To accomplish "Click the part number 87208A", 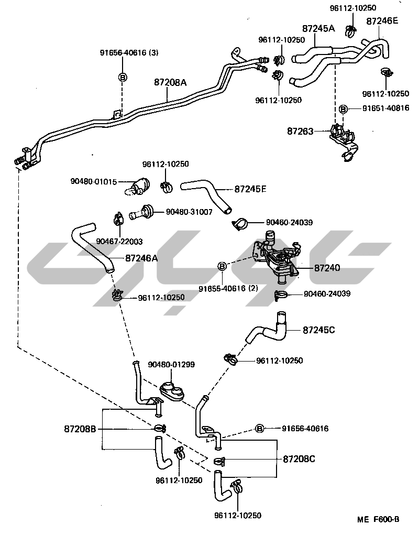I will [170, 82].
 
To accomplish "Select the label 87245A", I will [318, 28].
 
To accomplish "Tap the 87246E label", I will [382, 21].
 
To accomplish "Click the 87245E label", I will [250, 189].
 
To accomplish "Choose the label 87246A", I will [141, 258].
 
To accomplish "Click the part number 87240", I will [327, 268].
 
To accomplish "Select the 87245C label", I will [318, 330].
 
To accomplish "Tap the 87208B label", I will [80, 429].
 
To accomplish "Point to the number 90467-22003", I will [120, 242].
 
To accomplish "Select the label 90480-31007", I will [189, 212].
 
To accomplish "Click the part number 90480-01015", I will [94, 181].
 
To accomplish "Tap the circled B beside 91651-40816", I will [344, 108].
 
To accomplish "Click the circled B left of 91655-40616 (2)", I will [222, 267].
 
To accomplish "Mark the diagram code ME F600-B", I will [379, 520].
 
